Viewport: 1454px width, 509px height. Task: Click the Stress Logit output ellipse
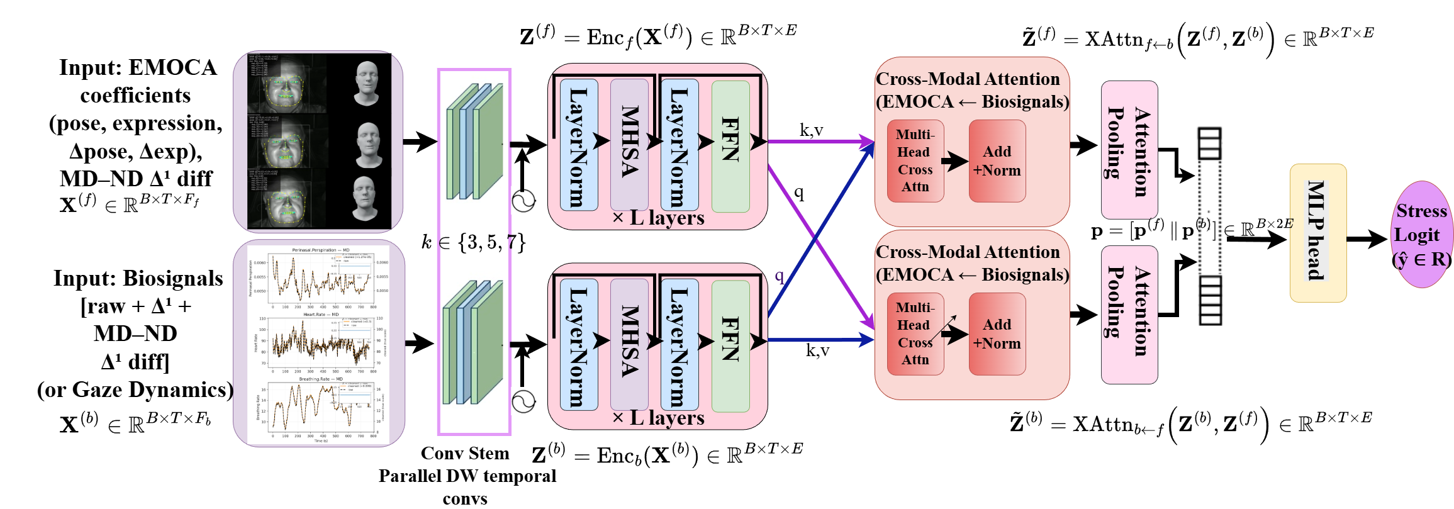(x=1421, y=235)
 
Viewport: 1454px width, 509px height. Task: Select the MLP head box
(x=1317, y=233)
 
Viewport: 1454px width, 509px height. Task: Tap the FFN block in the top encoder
(x=730, y=146)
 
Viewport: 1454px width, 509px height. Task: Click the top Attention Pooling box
(x=1129, y=150)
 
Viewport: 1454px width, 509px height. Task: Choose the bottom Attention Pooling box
(x=1129, y=315)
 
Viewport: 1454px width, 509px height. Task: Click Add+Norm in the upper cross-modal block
(x=997, y=161)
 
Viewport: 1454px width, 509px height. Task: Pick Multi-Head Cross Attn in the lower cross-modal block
(x=915, y=334)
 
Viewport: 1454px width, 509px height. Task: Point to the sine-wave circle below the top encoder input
(x=523, y=201)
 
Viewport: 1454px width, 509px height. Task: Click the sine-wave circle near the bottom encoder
(x=523, y=401)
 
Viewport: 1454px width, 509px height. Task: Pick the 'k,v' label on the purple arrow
(x=811, y=130)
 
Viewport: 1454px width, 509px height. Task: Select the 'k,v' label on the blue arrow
(x=817, y=350)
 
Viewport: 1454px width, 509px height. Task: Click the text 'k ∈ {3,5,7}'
(x=473, y=242)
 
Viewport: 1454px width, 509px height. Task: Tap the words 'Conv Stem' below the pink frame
(x=464, y=454)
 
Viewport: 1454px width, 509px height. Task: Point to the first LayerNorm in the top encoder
(x=578, y=146)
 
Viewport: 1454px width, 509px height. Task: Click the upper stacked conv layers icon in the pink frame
(x=474, y=142)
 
